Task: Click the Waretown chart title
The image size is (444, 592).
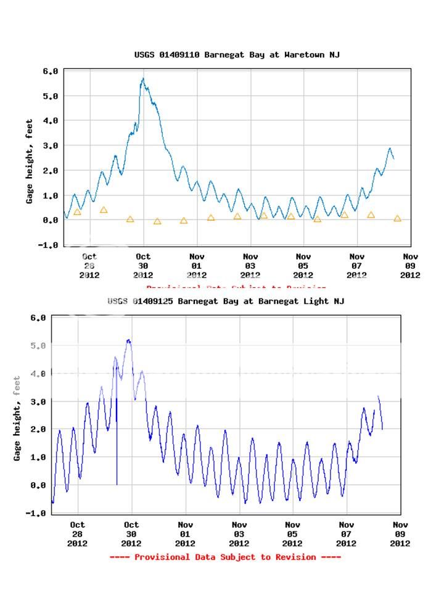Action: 237,55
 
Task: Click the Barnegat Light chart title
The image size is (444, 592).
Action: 226,301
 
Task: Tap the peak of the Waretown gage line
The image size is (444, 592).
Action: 143,79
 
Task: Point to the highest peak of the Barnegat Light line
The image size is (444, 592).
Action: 128,340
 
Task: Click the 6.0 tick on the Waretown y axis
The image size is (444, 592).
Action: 50,72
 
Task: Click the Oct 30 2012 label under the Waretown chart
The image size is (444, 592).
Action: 142,266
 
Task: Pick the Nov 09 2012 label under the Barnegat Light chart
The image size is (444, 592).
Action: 400,534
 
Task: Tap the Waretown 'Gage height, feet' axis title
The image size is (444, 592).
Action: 30,158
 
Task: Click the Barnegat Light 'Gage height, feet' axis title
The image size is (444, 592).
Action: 17,418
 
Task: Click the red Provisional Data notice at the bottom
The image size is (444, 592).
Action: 225,557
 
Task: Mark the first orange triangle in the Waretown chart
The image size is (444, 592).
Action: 77,212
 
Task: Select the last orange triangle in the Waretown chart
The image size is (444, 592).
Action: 397,218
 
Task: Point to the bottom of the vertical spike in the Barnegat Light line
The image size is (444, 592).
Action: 117,484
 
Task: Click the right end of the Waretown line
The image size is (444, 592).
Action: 393,158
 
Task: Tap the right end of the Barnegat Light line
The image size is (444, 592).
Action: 382,429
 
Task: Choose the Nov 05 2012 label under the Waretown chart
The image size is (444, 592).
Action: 303,266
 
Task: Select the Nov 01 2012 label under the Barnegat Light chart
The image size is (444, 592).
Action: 185,534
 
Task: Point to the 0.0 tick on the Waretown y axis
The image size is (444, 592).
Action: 50,220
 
